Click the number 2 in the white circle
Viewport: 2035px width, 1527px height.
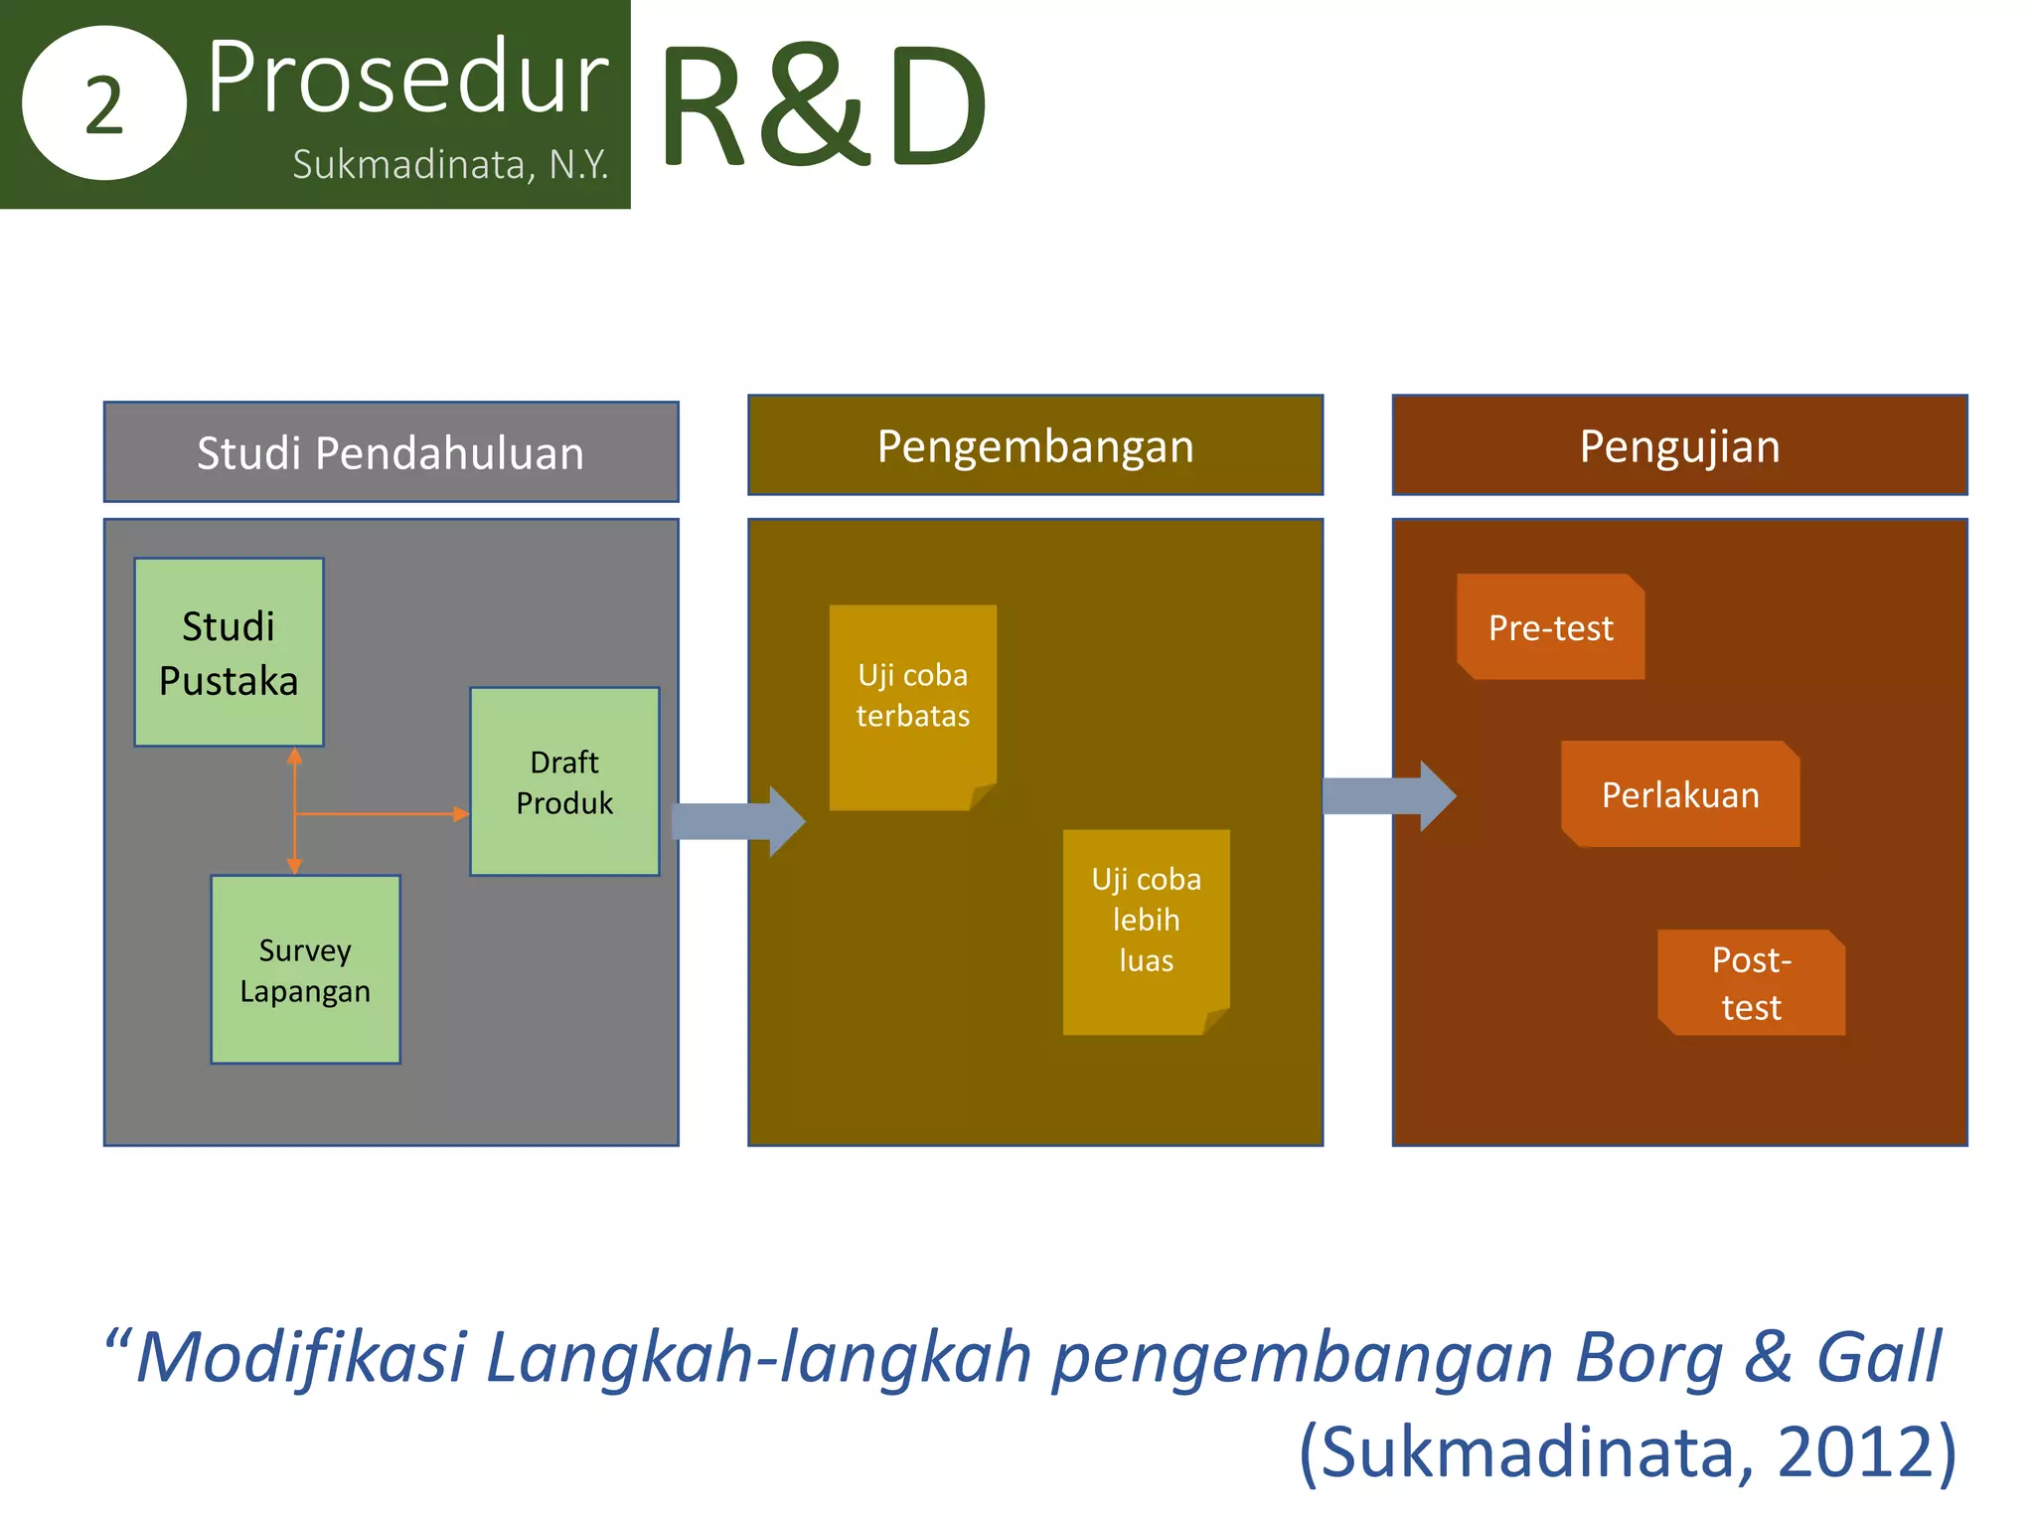coord(103,105)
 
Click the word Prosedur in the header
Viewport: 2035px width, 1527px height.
coord(407,78)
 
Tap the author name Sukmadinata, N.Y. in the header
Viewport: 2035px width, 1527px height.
coord(450,165)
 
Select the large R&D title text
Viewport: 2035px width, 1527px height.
coord(823,105)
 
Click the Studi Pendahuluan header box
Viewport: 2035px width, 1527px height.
coord(391,452)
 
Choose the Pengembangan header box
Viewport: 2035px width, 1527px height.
coord(1034,445)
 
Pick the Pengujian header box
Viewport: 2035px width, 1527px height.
coord(1679,445)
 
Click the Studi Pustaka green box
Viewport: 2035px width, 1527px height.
coord(229,652)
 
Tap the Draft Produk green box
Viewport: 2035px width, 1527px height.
coord(563,781)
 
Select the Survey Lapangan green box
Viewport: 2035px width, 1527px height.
coord(305,969)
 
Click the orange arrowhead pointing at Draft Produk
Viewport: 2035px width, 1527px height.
coord(461,814)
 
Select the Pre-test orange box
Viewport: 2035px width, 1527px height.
coord(1550,627)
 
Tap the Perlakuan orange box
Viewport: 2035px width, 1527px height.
coord(1679,794)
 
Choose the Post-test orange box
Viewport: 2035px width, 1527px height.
coord(1751,982)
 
